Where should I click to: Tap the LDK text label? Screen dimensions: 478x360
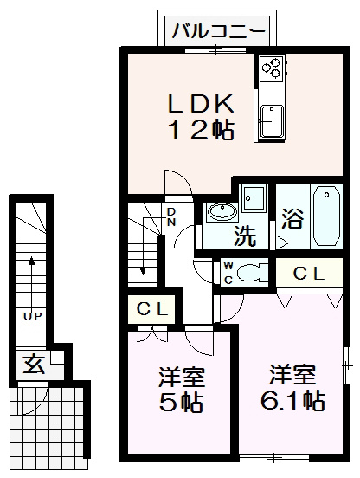pos(200,104)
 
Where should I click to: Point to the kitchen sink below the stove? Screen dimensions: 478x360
pos(272,119)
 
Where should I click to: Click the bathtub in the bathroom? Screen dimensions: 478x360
pos(326,215)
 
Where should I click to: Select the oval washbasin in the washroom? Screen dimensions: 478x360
pos(222,211)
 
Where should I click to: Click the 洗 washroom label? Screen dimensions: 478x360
pos(247,235)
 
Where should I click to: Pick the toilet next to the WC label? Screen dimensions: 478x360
pos(251,271)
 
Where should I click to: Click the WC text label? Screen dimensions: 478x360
pos(228,272)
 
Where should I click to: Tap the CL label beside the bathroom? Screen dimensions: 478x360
pos(308,274)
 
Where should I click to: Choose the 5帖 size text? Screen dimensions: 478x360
pos(182,391)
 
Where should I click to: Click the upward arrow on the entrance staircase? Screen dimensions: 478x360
pos(32,277)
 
